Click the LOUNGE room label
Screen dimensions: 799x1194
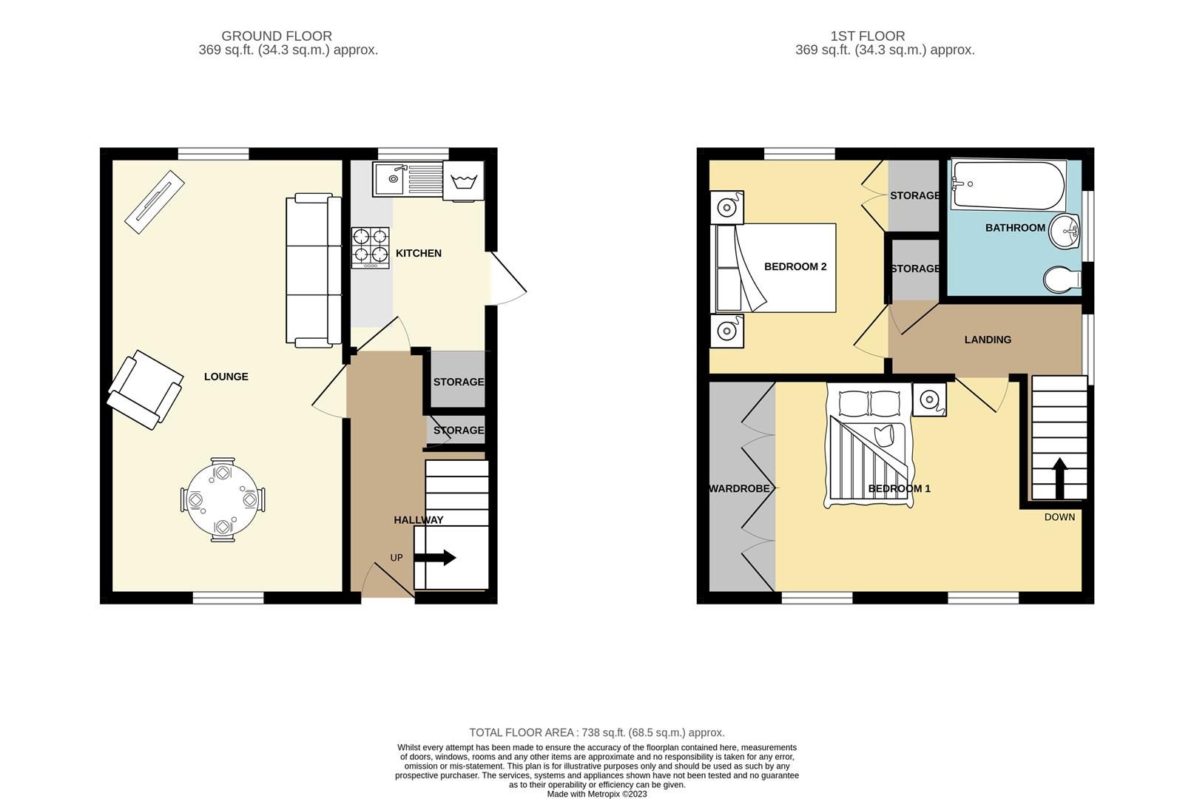coord(226,377)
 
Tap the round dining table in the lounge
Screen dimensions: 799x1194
coord(222,499)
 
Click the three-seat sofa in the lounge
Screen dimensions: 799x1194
coord(314,270)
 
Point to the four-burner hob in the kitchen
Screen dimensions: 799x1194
coord(370,246)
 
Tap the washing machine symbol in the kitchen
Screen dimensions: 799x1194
coord(463,181)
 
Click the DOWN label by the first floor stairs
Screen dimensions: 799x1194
coord(1059,517)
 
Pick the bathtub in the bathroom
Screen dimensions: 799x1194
coord(1008,185)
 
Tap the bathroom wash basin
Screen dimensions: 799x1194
coord(1066,232)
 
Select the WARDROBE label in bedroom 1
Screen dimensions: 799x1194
coord(739,489)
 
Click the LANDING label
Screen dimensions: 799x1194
coord(988,340)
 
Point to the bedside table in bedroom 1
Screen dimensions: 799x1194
coord(929,399)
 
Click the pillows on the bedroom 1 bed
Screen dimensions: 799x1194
coord(869,403)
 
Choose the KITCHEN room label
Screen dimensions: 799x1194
coord(419,253)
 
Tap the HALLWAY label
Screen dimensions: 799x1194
coord(419,520)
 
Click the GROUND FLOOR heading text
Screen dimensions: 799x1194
coord(277,36)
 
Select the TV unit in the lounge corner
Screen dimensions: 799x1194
coord(154,202)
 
